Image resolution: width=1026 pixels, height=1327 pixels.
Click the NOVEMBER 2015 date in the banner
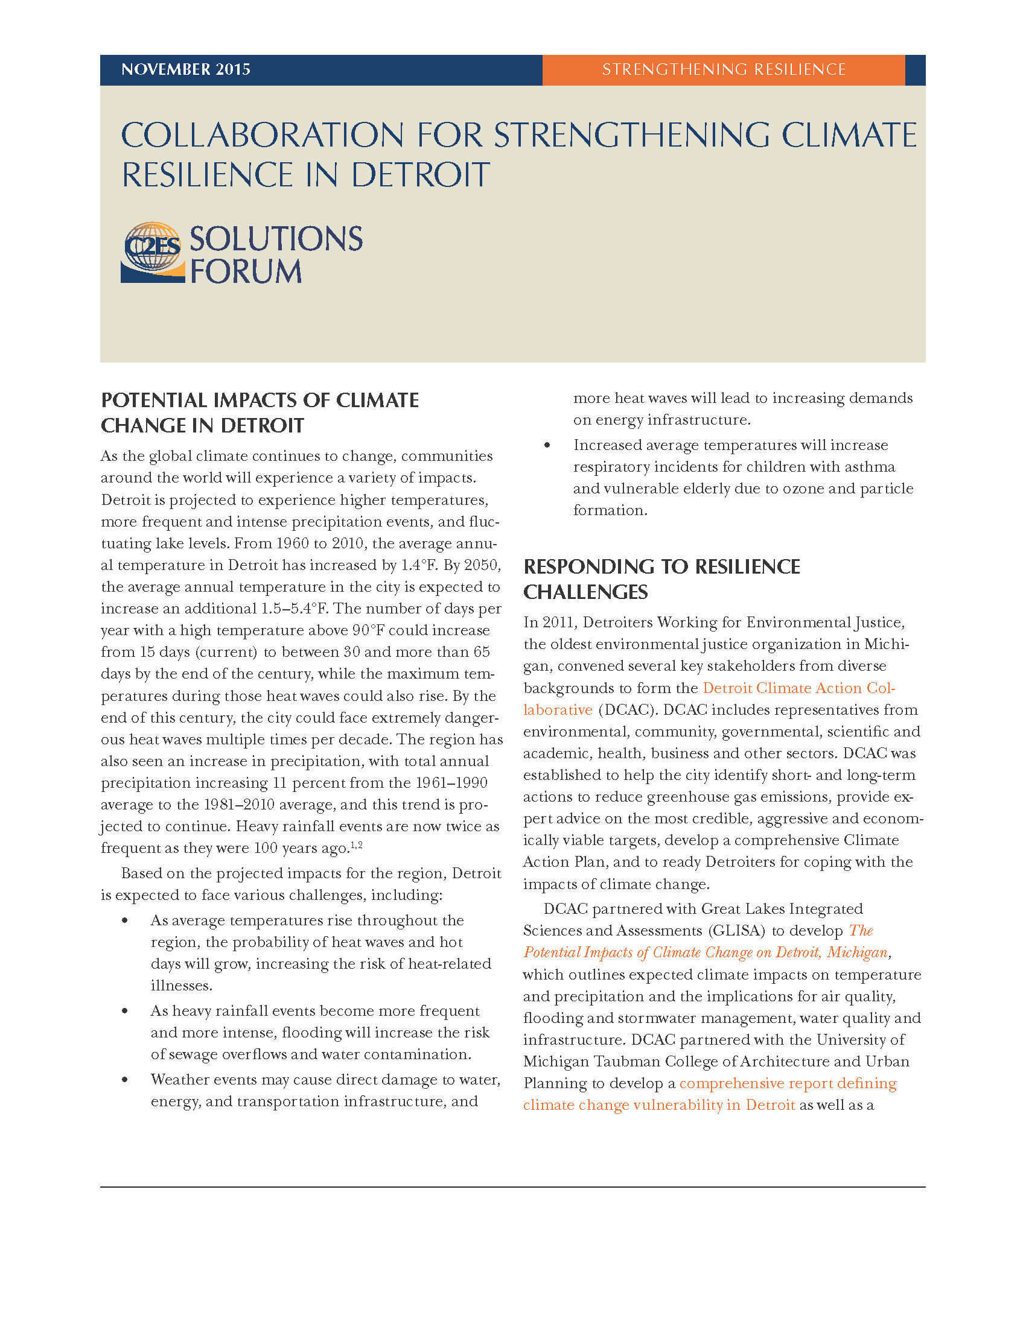click(x=185, y=69)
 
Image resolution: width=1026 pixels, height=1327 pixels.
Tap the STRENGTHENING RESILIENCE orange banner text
click(x=723, y=69)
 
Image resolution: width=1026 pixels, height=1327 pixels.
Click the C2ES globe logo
click(x=153, y=252)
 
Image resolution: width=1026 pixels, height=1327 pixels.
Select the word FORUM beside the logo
click(x=246, y=271)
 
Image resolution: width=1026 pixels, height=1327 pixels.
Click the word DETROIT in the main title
click(x=420, y=175)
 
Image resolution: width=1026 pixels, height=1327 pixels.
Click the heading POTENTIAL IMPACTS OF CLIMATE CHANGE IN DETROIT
click(x=260, y=413)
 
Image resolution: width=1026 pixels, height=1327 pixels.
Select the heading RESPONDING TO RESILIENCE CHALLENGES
click(x=661, y=578)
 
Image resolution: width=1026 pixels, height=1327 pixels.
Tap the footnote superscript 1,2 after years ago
click(x=357, y=844)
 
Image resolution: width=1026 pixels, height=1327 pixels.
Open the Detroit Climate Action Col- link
click(x=798, y=688)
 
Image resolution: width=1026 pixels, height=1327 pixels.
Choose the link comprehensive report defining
click(x=788, y=1083)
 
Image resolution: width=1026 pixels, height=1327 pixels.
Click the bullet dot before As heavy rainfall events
click(x=124, y=1011)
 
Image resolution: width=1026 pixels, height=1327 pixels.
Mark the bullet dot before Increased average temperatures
click(x=547, y=445)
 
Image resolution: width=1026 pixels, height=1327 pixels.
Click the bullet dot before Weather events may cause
click(x=124, y=1080)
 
